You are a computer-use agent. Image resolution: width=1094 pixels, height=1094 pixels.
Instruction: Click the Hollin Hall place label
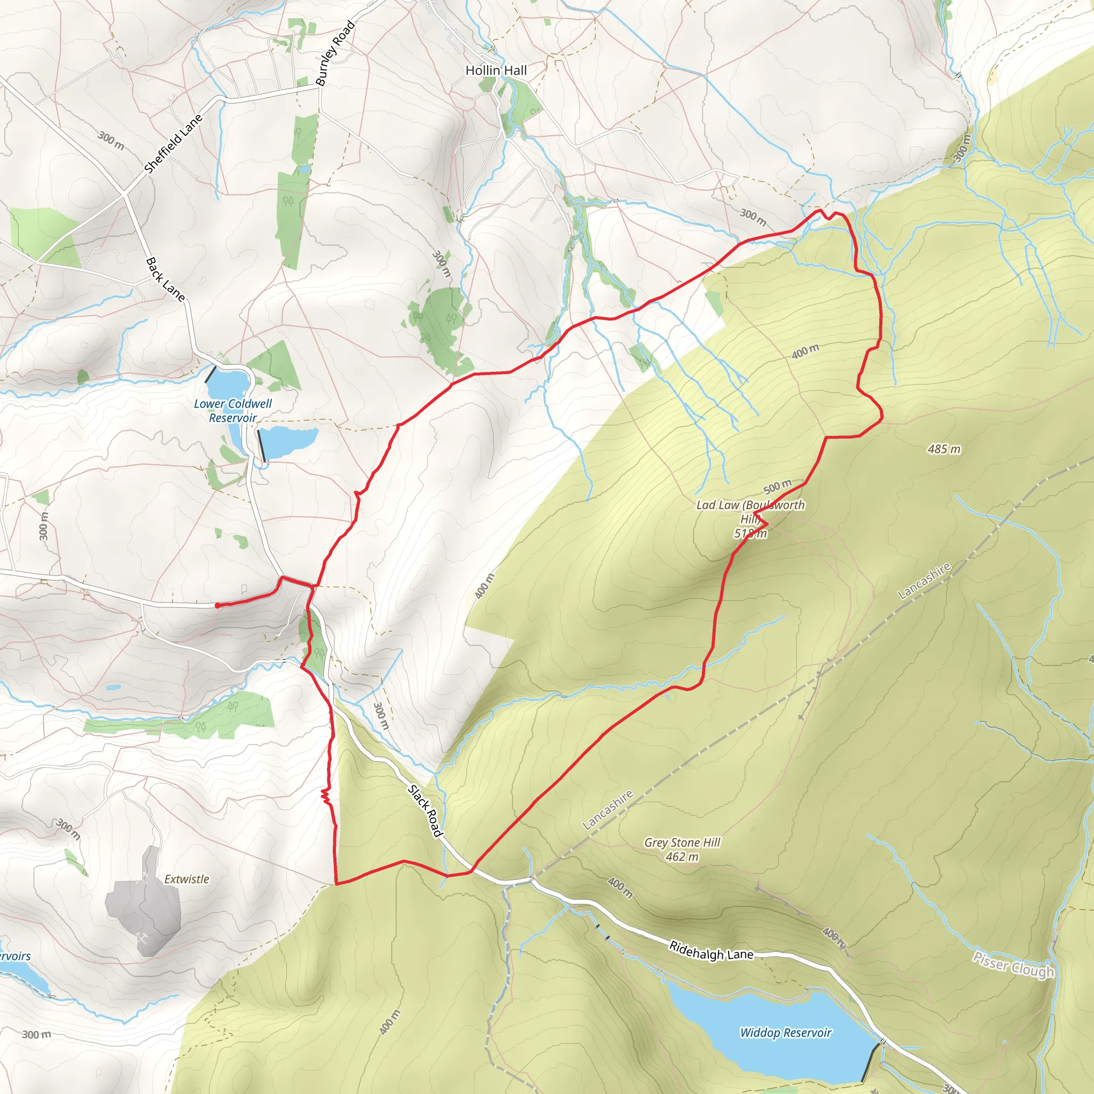pyautogui.click(x=496, y=70)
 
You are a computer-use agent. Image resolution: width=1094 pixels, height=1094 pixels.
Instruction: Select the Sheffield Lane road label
pyautogui.click(x=173, y=144)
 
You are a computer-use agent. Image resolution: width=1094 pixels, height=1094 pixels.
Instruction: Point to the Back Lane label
pyautogui.click(x=166, y=279)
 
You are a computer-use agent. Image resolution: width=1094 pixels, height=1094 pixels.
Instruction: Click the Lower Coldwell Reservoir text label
pyautogui.click(x=233, y=411)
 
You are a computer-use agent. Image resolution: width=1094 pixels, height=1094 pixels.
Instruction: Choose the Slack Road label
pyautogui.click(x=425, y=811)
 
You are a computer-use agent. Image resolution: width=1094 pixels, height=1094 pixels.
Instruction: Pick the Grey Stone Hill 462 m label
pyautogui.click(x=682, y=849)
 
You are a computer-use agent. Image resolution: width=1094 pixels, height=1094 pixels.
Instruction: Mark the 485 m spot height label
pyautogui.click(x=944, y=449)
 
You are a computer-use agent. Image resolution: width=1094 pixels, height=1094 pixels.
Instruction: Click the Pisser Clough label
pyautogui.click(x=1013, y=964)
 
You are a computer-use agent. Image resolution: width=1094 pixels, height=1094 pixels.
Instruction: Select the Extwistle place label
pyautogui.click(x=186, y=879)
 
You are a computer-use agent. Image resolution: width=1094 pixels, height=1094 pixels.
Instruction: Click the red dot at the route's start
pyautogui.click(x=217, y=605)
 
